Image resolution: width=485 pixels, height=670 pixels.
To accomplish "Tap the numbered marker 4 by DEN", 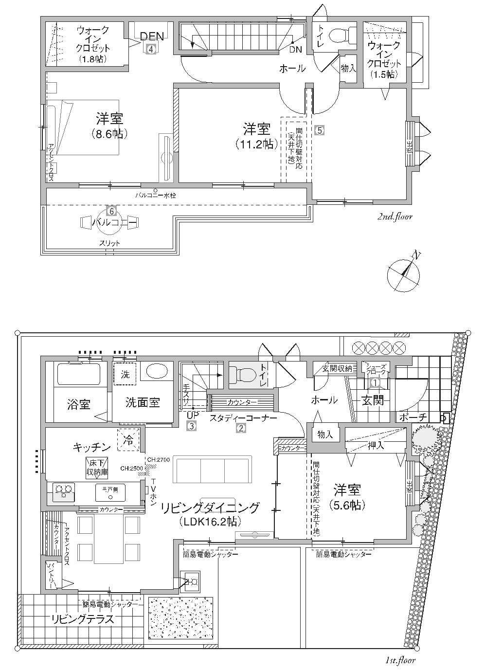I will (151, 49).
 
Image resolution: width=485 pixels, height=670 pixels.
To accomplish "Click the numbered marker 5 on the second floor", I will (319, 130).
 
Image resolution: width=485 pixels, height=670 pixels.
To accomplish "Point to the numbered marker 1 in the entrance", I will (375, 383).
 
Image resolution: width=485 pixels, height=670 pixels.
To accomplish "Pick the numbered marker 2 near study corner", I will (240, 429).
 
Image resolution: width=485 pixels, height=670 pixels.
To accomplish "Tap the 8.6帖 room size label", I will (110, 134).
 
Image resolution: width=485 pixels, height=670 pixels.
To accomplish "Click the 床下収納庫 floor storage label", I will (97, 467).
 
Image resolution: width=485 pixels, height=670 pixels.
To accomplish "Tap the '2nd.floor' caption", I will (395, 217).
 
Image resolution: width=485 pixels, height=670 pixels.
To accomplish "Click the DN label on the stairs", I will (295, 50).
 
